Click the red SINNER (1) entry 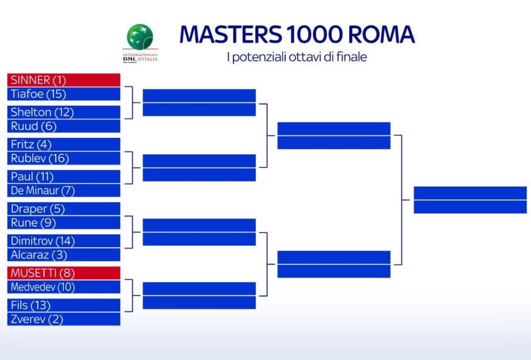[64, 80]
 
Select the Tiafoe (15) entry [64, 94]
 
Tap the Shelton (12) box [64, 112]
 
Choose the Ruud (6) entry [64, 126]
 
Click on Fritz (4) [64, 144]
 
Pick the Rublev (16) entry [64, 159]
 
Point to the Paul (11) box [64, 177]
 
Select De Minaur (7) [64, 190]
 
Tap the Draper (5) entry [64, 209]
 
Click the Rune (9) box [64, 223]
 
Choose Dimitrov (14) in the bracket [64, 241]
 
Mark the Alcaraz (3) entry [64, 255]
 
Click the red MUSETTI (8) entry [64, 273]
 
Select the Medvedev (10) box [64, 287]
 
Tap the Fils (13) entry [64, 305]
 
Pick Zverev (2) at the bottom [64, 319]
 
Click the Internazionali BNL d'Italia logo [140, 43]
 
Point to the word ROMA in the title [381, 35]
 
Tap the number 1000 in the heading [313, 35]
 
